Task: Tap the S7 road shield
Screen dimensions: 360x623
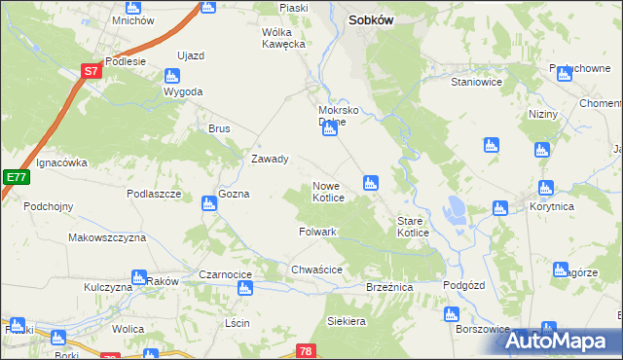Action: tap(91, 71)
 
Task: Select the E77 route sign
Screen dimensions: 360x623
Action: tap(15, 177)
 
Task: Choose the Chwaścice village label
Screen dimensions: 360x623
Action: tap(315, 270)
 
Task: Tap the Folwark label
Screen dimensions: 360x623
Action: tap(317, 233)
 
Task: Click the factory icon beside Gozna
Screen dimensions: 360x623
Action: tap(207, 203)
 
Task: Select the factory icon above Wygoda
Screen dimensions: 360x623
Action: tap(173, 75)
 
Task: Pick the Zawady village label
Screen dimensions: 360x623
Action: tap(270, 160)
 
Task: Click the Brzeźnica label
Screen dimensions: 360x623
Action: tap(389, 289)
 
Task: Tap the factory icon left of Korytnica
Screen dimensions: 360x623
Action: tap(500, 207)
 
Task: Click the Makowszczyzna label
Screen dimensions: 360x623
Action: tap(107, 237)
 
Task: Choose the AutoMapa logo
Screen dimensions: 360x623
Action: tap(562, 341)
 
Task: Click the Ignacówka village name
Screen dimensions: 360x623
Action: tap(62, 163)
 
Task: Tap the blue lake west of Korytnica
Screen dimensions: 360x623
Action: tap(454, 207)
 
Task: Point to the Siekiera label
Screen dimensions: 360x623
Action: tap(347, 320)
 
